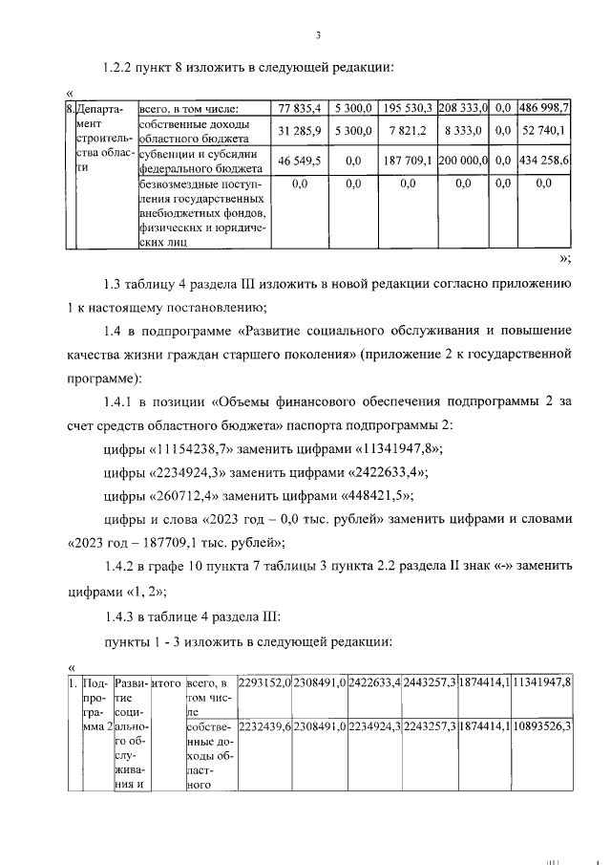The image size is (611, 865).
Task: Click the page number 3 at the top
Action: (319, 36)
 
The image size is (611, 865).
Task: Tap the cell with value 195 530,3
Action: (407, 108)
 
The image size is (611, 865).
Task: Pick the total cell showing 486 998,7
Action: (544, 108)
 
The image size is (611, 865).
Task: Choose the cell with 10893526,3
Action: (541, 726)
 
